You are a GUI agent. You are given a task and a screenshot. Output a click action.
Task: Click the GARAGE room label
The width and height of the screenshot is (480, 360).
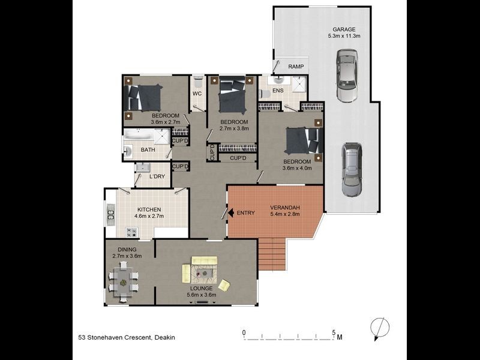tap(344, 29)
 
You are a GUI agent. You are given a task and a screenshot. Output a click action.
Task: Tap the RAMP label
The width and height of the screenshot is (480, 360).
tap(296, 67)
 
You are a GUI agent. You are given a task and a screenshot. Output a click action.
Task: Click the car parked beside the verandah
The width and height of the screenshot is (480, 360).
tap(352, 169)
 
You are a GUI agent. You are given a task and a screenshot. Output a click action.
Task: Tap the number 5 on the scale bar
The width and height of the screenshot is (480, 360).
tap(333, 332)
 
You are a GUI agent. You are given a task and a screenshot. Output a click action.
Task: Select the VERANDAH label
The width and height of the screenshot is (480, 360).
tap(285, 208)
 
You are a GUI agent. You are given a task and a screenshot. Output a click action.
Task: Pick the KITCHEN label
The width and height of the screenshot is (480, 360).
tap(148, 209)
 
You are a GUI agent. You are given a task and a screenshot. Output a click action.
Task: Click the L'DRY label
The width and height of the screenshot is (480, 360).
tap(157, 176)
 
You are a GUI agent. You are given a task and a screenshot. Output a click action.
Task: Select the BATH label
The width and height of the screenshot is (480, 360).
tap(148, 150)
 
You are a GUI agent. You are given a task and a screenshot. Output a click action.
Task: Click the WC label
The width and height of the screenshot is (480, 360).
tap(197, 94)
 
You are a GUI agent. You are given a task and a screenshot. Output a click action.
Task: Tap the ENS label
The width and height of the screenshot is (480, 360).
tap(278, 91)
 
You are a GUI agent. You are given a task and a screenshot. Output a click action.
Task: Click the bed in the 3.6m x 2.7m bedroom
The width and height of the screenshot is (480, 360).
tap(144, 97)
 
